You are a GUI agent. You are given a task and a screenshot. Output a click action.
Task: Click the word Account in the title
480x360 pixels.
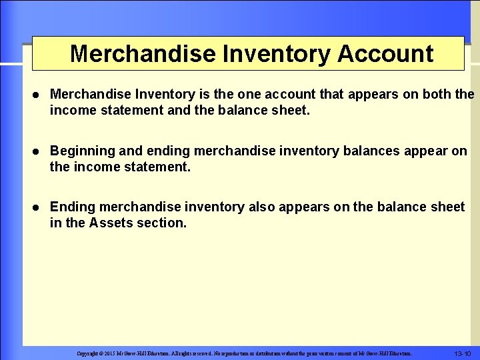click(385, 53)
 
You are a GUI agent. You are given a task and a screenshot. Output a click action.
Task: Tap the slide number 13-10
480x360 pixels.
click(462, 353)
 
